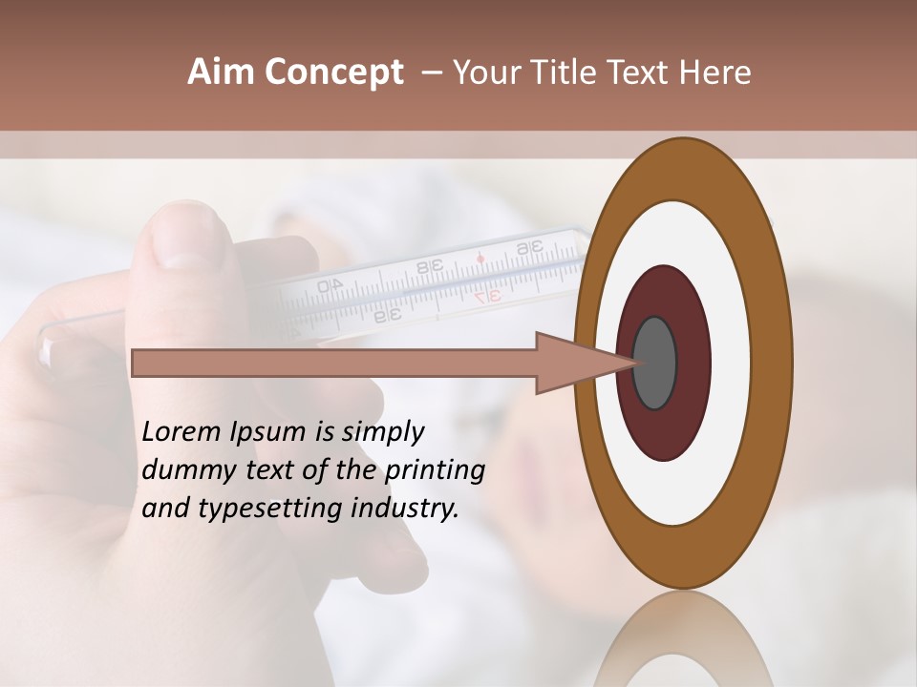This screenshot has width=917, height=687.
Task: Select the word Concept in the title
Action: coord(332,73)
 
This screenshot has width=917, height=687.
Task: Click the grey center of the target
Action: coord(654,363)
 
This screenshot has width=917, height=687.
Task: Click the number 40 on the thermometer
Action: coord(330,285)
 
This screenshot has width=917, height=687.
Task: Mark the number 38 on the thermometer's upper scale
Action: coord(429,267)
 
